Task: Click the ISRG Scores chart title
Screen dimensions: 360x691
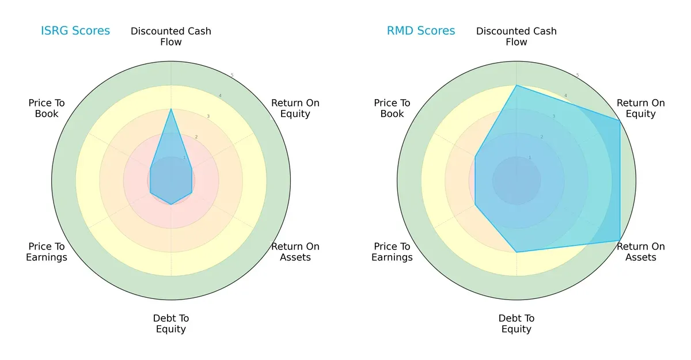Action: click(75, 31)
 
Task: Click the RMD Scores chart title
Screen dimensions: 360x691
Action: click(420, 31)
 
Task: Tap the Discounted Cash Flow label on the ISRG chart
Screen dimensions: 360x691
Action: click(171, 36)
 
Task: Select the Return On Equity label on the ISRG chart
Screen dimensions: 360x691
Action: click(295, 108)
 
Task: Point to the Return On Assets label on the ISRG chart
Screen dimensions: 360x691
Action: click(295, 252)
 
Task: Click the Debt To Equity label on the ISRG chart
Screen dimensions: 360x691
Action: click(171, 324)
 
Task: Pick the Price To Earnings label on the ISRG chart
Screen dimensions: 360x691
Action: click(47, 252)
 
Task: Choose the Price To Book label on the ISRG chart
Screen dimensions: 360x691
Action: click(47, 108)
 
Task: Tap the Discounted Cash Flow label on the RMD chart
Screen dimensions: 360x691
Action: click(517, 36)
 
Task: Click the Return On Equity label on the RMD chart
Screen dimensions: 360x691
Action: click(640, 108)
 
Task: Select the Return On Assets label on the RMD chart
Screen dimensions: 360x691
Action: click(640, 252)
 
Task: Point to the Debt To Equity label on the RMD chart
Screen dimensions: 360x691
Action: click(517, 324)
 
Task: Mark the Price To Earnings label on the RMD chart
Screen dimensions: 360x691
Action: click(392, 252)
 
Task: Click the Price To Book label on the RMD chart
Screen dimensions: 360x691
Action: click(392, 108)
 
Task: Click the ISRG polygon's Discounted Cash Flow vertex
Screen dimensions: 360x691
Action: click(171, 109)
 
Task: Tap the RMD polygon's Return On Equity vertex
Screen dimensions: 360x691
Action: click(620, 120)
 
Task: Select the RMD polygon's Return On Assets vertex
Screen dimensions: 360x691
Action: click(620, 240)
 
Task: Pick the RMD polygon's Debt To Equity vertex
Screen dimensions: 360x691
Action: click(517, 252)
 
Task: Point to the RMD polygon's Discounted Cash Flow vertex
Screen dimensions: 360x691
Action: click(517, 85)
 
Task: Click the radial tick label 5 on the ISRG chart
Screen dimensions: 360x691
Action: click(232, 75)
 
